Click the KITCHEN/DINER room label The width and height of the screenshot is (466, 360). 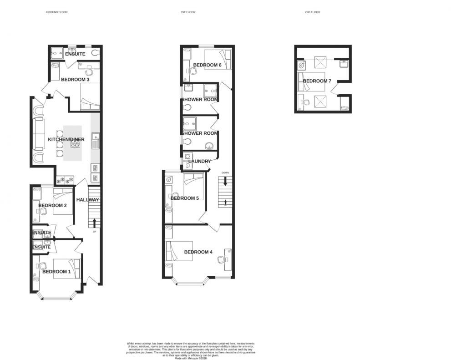pyautogui.click(x=66, y=139)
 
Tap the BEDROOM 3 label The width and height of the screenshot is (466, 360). pyautogui.click(x=75, y=80)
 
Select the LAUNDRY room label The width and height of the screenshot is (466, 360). pyautogui.click(x=199, y=161)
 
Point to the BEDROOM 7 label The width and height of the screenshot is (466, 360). pyautogui.click(x=317, y=81)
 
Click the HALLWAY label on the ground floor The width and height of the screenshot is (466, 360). pyautogui.click(x=87, y=200)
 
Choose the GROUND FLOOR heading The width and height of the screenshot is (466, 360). pyautogui.click(x=57, y=12)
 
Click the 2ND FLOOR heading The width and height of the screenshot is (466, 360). pyautogui.click(x=313, y=12)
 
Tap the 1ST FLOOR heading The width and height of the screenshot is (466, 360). pyautogui.click(x=187, y=12)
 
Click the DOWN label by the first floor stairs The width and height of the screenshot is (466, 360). pyautogui.click(x=225, y=173)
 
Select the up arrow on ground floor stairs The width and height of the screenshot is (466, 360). pyautogui.click(x=94, y=223)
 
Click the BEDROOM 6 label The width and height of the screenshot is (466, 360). pyautogui.click(x=207, y=65)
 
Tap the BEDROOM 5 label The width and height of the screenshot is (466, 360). pyautogui.click(x=185, y=198)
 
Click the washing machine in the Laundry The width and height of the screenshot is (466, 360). pyautogui.click(x=187, y=156)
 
